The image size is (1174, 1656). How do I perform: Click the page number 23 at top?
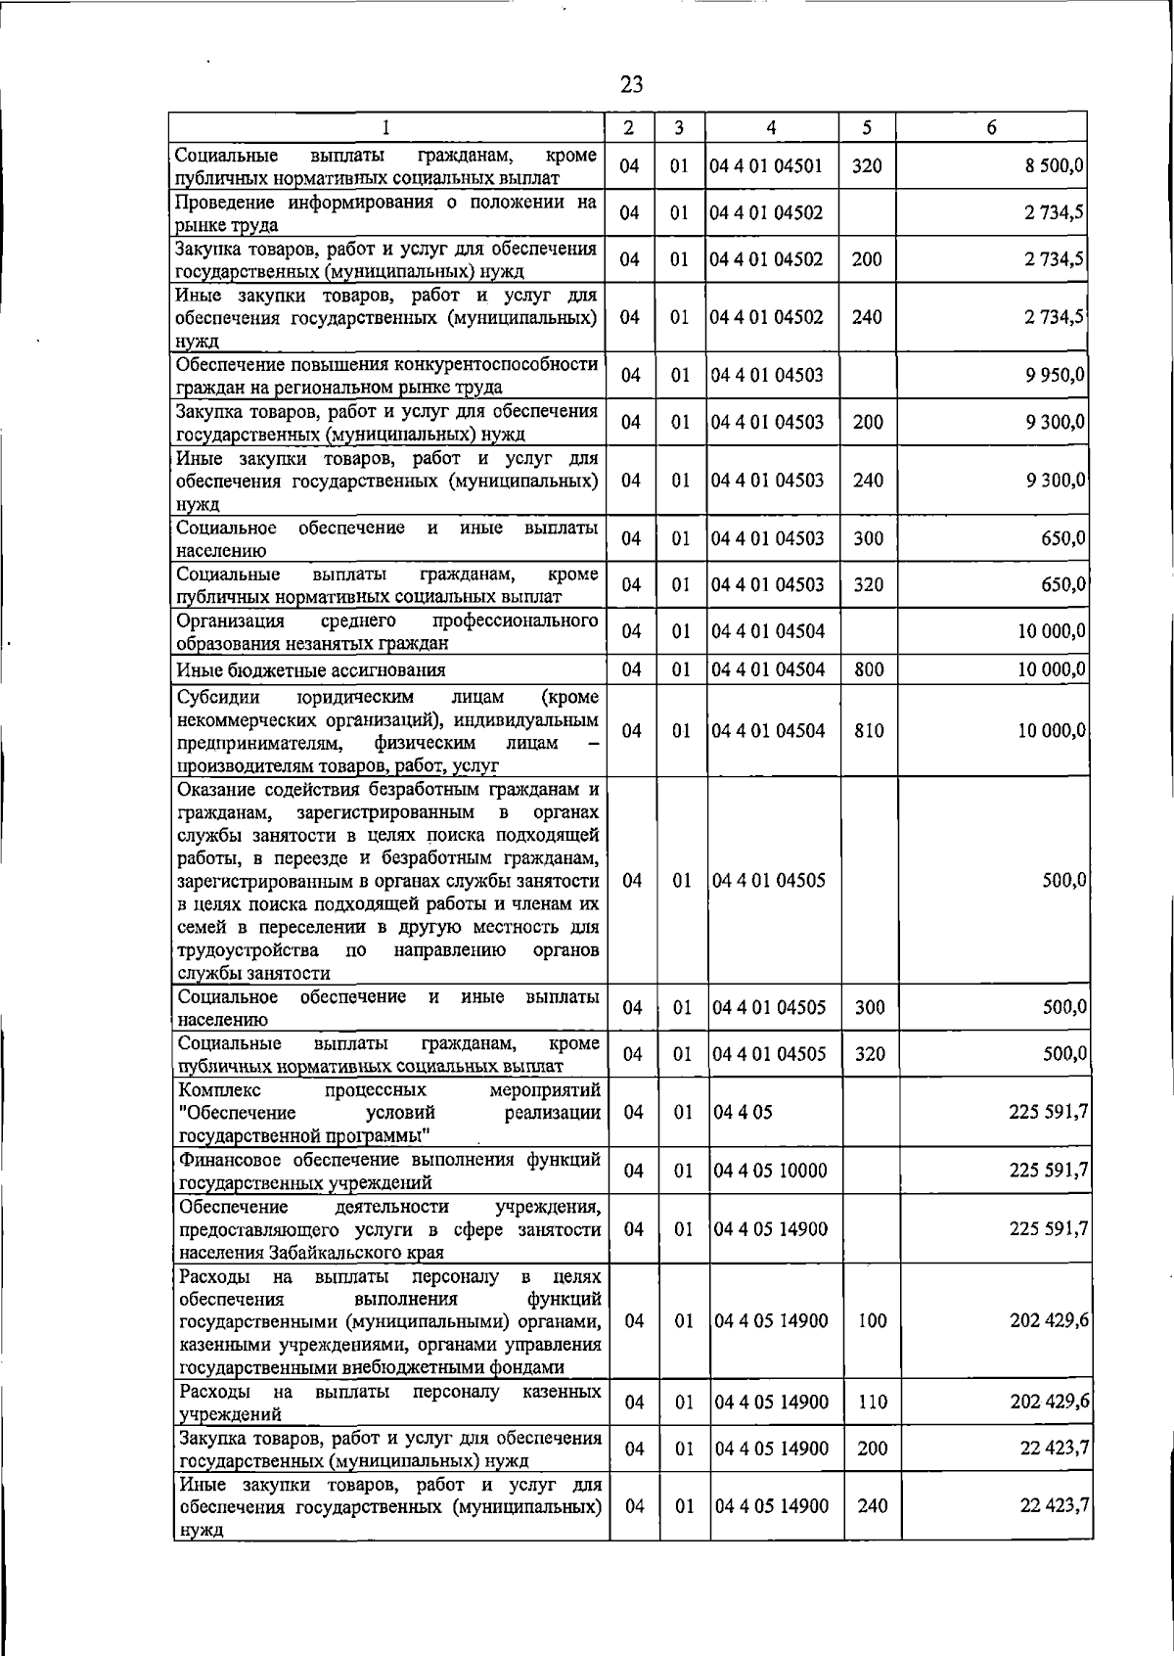coord(631,85)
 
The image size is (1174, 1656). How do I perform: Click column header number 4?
coord(771,128)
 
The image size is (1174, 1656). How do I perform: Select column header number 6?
coord(991,128)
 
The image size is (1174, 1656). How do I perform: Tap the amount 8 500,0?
coord(1054,166)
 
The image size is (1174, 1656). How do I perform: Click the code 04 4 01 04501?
coord(765,166)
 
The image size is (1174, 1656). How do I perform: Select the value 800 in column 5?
coord(868,670)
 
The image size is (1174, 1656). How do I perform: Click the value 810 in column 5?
coord(868,731)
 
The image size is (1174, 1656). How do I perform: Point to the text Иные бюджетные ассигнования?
coord(310,670)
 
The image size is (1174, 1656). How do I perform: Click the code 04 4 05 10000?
coord(770,1172)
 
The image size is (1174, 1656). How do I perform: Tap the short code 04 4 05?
coord(743,1113)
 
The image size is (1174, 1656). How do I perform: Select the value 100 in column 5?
coord(871,1321)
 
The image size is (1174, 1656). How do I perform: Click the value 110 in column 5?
coord(871,1403)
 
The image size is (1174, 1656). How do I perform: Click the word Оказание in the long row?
coord(216,790)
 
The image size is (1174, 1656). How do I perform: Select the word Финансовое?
coord(227,1161)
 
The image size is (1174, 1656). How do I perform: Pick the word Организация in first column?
coord(230,621)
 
